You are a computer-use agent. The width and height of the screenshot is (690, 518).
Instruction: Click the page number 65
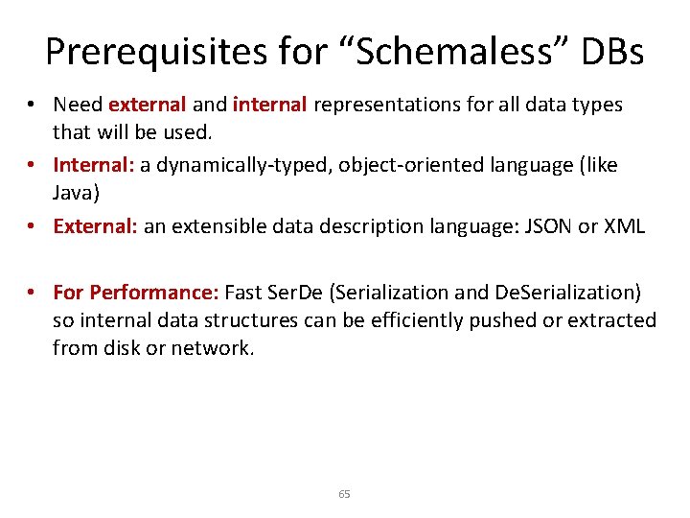tap(345, 494)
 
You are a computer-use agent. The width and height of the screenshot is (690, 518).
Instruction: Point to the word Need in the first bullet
tap(78, 104)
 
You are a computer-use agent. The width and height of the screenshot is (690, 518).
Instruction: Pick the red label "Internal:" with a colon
tap(94, 165)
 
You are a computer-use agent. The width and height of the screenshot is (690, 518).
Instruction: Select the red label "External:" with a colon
tap(96, 226)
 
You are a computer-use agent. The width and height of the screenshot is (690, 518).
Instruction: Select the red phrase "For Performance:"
tap(136, 292)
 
